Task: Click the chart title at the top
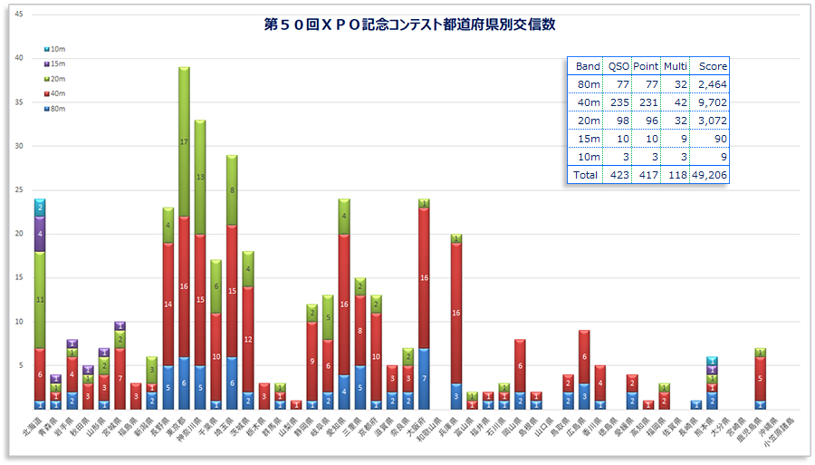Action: (409, 24)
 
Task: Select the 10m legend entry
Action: (55, 47)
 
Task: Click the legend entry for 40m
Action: (55, 92)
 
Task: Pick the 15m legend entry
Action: (55, 63)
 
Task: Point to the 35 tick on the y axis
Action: (20, 102)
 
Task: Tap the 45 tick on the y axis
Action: (20, 15)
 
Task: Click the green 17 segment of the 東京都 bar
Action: (184, 142)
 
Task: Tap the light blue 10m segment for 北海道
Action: (40, 208)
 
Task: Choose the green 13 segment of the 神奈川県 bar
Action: (200, 178)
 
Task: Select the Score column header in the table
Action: (713, 66)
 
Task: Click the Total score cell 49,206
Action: (709, 175)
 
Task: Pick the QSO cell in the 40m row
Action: (618, 102)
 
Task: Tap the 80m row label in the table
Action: (589, 84)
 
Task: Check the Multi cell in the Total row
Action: (675, 175)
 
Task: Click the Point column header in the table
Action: (646, 66)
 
